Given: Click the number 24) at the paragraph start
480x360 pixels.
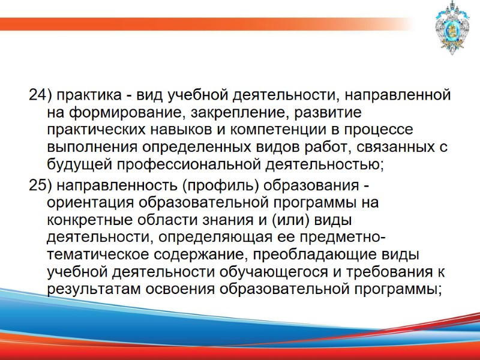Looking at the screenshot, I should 41,95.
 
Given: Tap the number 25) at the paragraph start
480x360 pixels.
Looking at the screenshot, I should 41,185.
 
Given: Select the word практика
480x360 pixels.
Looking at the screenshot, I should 86,95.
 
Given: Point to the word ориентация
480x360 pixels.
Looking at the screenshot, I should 87,202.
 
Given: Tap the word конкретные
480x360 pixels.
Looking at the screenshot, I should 88,220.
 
